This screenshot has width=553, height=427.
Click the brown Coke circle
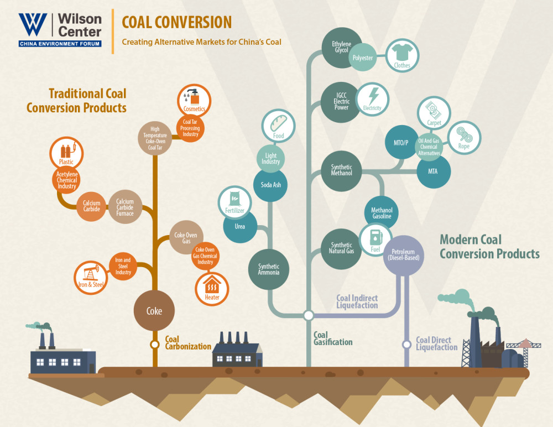click(x=154, y=310)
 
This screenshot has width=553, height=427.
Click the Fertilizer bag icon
click(x=235, y=203)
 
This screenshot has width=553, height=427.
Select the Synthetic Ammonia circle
click(x=269, y=270)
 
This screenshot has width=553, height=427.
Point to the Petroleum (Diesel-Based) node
click(x=404, y=255)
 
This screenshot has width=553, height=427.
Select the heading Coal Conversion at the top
click(x=176, y=22)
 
